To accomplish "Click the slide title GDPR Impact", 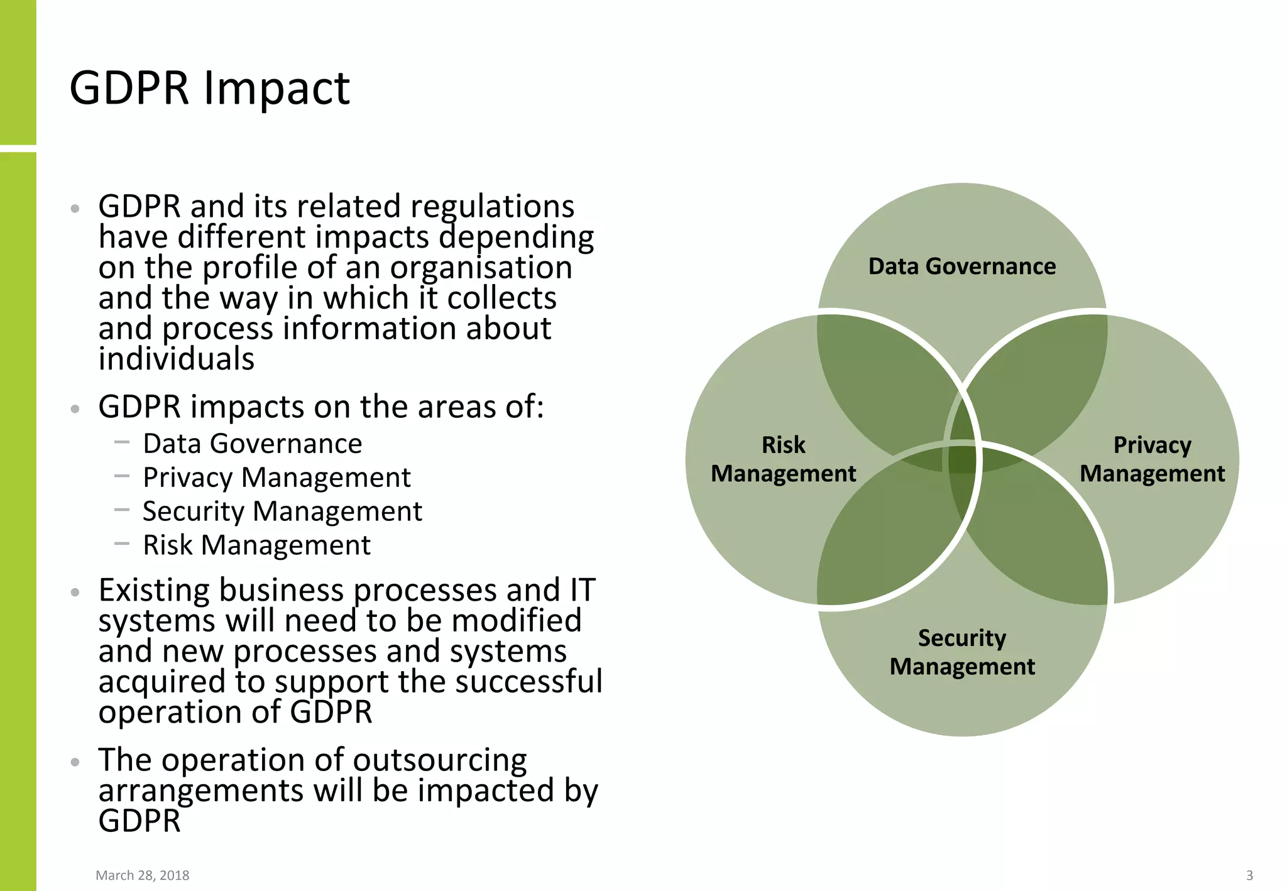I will tap(209, 88).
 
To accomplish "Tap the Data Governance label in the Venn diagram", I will tap(961, 266).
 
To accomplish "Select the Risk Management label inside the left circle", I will tap(783, 459).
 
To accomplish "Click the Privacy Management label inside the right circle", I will tap(1152, 459).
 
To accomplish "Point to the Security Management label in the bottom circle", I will tap(961, 652).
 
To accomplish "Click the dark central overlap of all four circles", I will tap(962, 459).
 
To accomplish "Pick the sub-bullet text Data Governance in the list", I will tap(252, 444).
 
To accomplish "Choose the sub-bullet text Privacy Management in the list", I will tap(277, 478).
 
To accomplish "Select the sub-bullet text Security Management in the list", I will tap(282, 511).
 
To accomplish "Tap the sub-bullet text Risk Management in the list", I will tap(256, 545).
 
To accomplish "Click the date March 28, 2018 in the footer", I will tap(142, 875).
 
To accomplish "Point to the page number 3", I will tap(1249, 875).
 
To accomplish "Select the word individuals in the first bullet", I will tap(177, 359).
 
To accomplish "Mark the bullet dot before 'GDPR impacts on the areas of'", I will tap(75, 409).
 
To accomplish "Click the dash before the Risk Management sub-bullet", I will tap(122, 544).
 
